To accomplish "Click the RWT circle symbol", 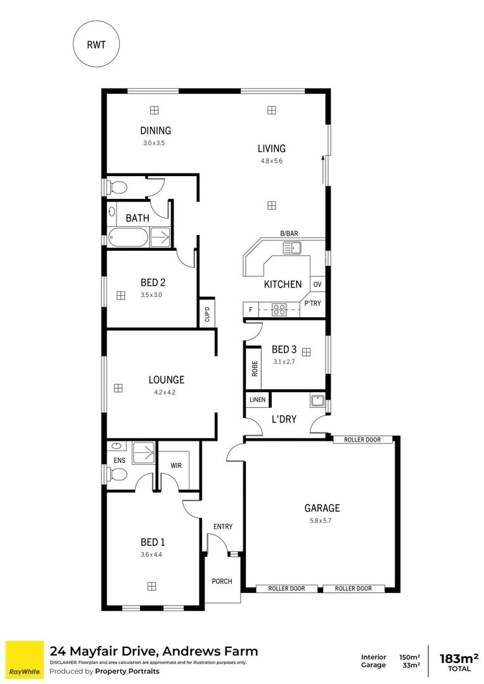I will coord(96,44).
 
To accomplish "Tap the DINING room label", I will coord(156,131).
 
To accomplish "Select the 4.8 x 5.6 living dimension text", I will coord(271,161).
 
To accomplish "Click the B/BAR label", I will coord(289,234).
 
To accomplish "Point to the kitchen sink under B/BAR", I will coord(292,247).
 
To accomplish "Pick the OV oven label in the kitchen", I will coord(317,284).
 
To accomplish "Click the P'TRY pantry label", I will coord(313,303).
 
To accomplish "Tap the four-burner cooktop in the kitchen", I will coord(279,310).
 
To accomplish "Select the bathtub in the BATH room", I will coord(128,238).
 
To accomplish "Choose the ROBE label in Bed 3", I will coord(254,368).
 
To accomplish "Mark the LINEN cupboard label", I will coord(258,400).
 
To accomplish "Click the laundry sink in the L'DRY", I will coord(317,400).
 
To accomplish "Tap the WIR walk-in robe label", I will coord(176,465).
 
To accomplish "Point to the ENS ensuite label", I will coord(118,461).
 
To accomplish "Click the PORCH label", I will coord(222,581).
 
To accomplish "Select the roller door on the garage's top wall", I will coord(364,440).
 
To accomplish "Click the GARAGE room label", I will coord(322,508).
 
